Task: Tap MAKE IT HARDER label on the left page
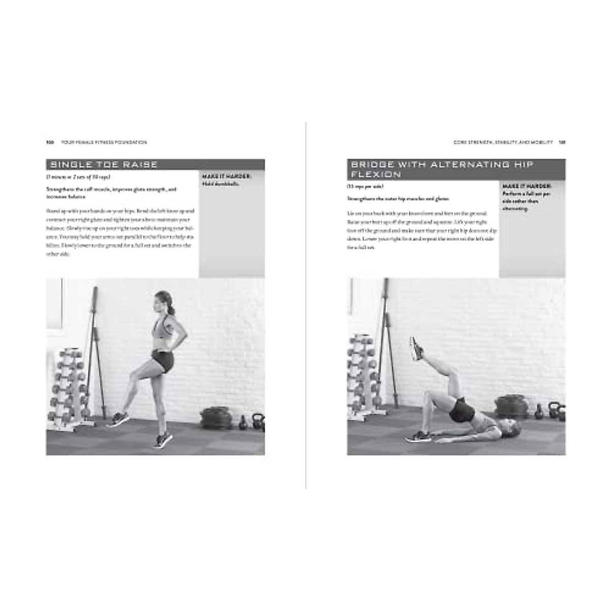point(225,177)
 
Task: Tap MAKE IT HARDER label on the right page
point(526,187)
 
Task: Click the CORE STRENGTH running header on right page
point(503,142)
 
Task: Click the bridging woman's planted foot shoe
point(419,436)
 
